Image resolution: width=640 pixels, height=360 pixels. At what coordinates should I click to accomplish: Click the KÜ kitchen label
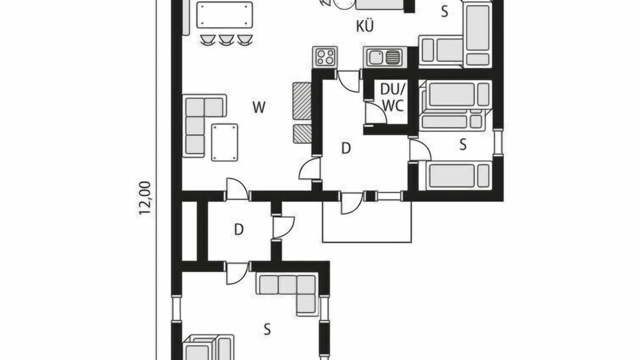click(365, 26)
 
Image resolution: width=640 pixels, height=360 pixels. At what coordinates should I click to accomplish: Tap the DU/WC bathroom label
click(393, 97)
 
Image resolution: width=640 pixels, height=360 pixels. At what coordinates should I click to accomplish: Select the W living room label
click(259, 107)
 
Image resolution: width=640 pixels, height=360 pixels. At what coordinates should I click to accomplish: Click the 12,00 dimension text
click(145, 197)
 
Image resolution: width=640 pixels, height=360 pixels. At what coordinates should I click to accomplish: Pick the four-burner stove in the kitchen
click(325, 57)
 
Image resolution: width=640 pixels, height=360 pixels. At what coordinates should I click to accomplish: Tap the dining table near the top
click(225, 15)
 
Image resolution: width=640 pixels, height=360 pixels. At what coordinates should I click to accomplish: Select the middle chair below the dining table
click(226, 39)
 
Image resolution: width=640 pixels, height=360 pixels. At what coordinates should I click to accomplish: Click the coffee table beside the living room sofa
click(224, 142)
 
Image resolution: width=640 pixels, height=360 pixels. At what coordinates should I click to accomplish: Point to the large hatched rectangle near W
click(302, 101)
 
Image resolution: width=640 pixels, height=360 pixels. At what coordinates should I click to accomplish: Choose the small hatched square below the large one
click(302, 133)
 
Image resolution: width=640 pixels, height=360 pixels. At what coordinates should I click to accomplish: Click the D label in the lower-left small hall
click(239, 229)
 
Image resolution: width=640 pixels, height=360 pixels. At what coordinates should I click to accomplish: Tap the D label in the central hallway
click(346, 148)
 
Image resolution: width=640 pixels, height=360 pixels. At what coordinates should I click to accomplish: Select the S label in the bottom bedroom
click(267, 329)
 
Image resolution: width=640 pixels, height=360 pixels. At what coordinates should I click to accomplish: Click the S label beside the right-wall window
click(463, 144)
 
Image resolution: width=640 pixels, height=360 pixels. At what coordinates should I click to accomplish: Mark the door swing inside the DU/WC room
click(376, 113)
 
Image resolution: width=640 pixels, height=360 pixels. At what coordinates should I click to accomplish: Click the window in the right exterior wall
click(498, 142)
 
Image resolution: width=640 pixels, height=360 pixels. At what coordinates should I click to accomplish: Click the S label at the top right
click(444, 11)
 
